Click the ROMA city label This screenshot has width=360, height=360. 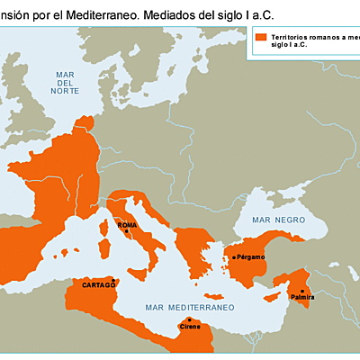tap(127, 224)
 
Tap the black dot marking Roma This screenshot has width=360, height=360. tap(128, 231)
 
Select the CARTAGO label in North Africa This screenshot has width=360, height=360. tap(99, 284)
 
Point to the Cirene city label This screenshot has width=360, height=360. tap(190, 326)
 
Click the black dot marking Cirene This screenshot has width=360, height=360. tap(189, 319)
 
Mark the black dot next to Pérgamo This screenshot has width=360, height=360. tap(233, 257)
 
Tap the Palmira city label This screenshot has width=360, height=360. tap(301, 296)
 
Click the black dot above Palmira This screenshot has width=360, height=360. tap(301, 290)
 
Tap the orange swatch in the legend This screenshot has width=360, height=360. tap(261, 38)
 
